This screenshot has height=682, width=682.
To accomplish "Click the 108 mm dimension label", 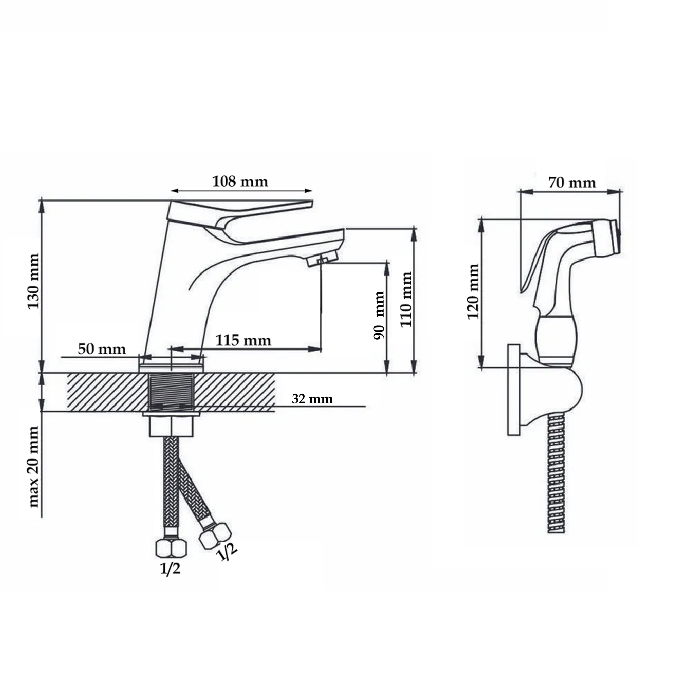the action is (240, 181).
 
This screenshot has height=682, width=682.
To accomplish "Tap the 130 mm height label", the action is (34, 281).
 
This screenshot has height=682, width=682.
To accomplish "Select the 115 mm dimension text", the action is (244, 340).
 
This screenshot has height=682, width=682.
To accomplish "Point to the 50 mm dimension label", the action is (102, 349).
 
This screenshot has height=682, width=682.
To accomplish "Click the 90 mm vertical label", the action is (379, 315).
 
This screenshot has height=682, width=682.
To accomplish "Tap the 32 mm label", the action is (312, 399).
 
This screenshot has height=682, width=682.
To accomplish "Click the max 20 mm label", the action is (34, 467).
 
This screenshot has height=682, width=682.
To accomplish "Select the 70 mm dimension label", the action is (572, 183).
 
